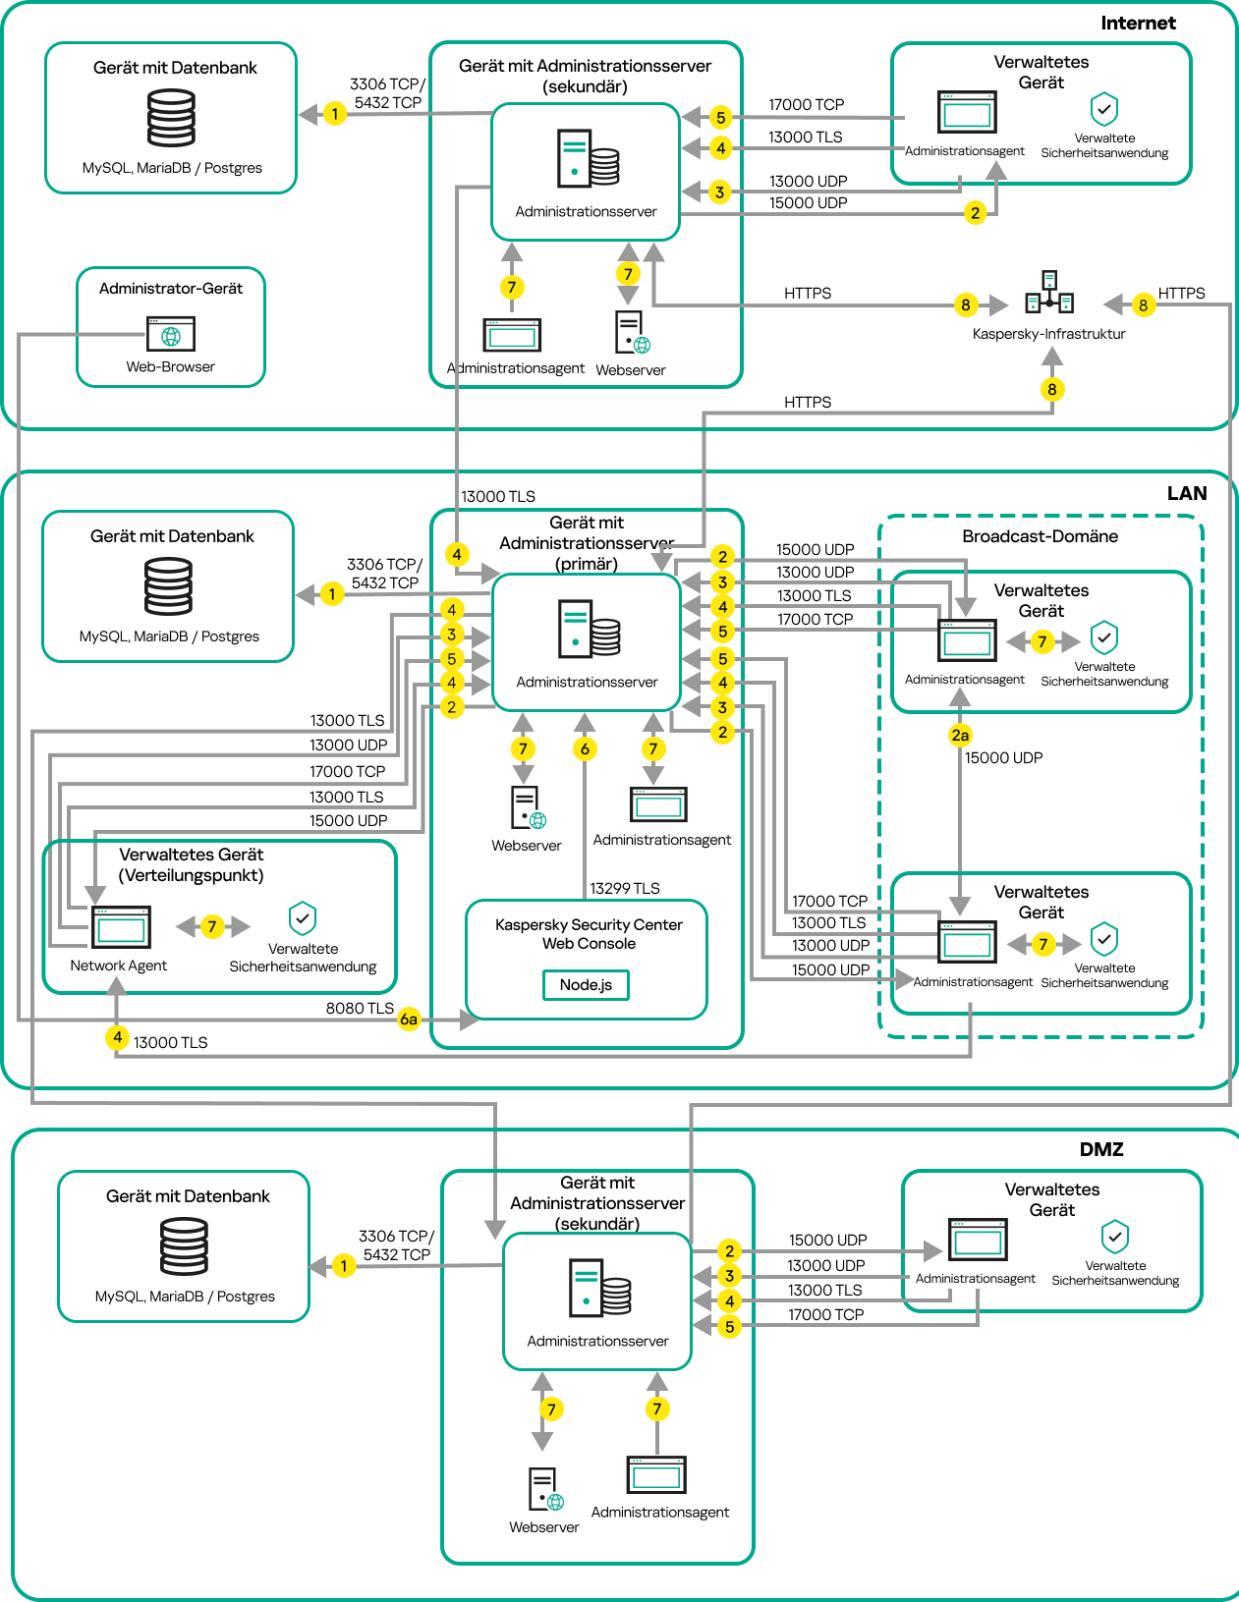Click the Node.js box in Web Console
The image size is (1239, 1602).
586,985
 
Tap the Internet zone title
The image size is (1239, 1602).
1138,24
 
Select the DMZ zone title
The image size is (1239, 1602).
1101,1149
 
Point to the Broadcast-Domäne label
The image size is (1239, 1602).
1040,536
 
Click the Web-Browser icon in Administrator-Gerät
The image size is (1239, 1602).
171,334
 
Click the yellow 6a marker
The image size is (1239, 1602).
409,1020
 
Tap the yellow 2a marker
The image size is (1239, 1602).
960,735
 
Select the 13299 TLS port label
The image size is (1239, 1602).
625,889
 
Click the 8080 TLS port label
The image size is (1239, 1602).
360,1009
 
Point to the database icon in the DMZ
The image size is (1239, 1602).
184,1246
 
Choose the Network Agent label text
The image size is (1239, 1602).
119,966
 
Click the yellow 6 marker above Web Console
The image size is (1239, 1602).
585,749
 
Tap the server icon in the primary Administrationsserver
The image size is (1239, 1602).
590,629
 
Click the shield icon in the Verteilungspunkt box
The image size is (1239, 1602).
303,919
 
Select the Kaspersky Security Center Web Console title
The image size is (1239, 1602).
589,934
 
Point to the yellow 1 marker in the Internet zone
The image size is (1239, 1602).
335,114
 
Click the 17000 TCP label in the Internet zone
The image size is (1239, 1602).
806,105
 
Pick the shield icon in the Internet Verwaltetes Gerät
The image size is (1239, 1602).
1104,109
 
